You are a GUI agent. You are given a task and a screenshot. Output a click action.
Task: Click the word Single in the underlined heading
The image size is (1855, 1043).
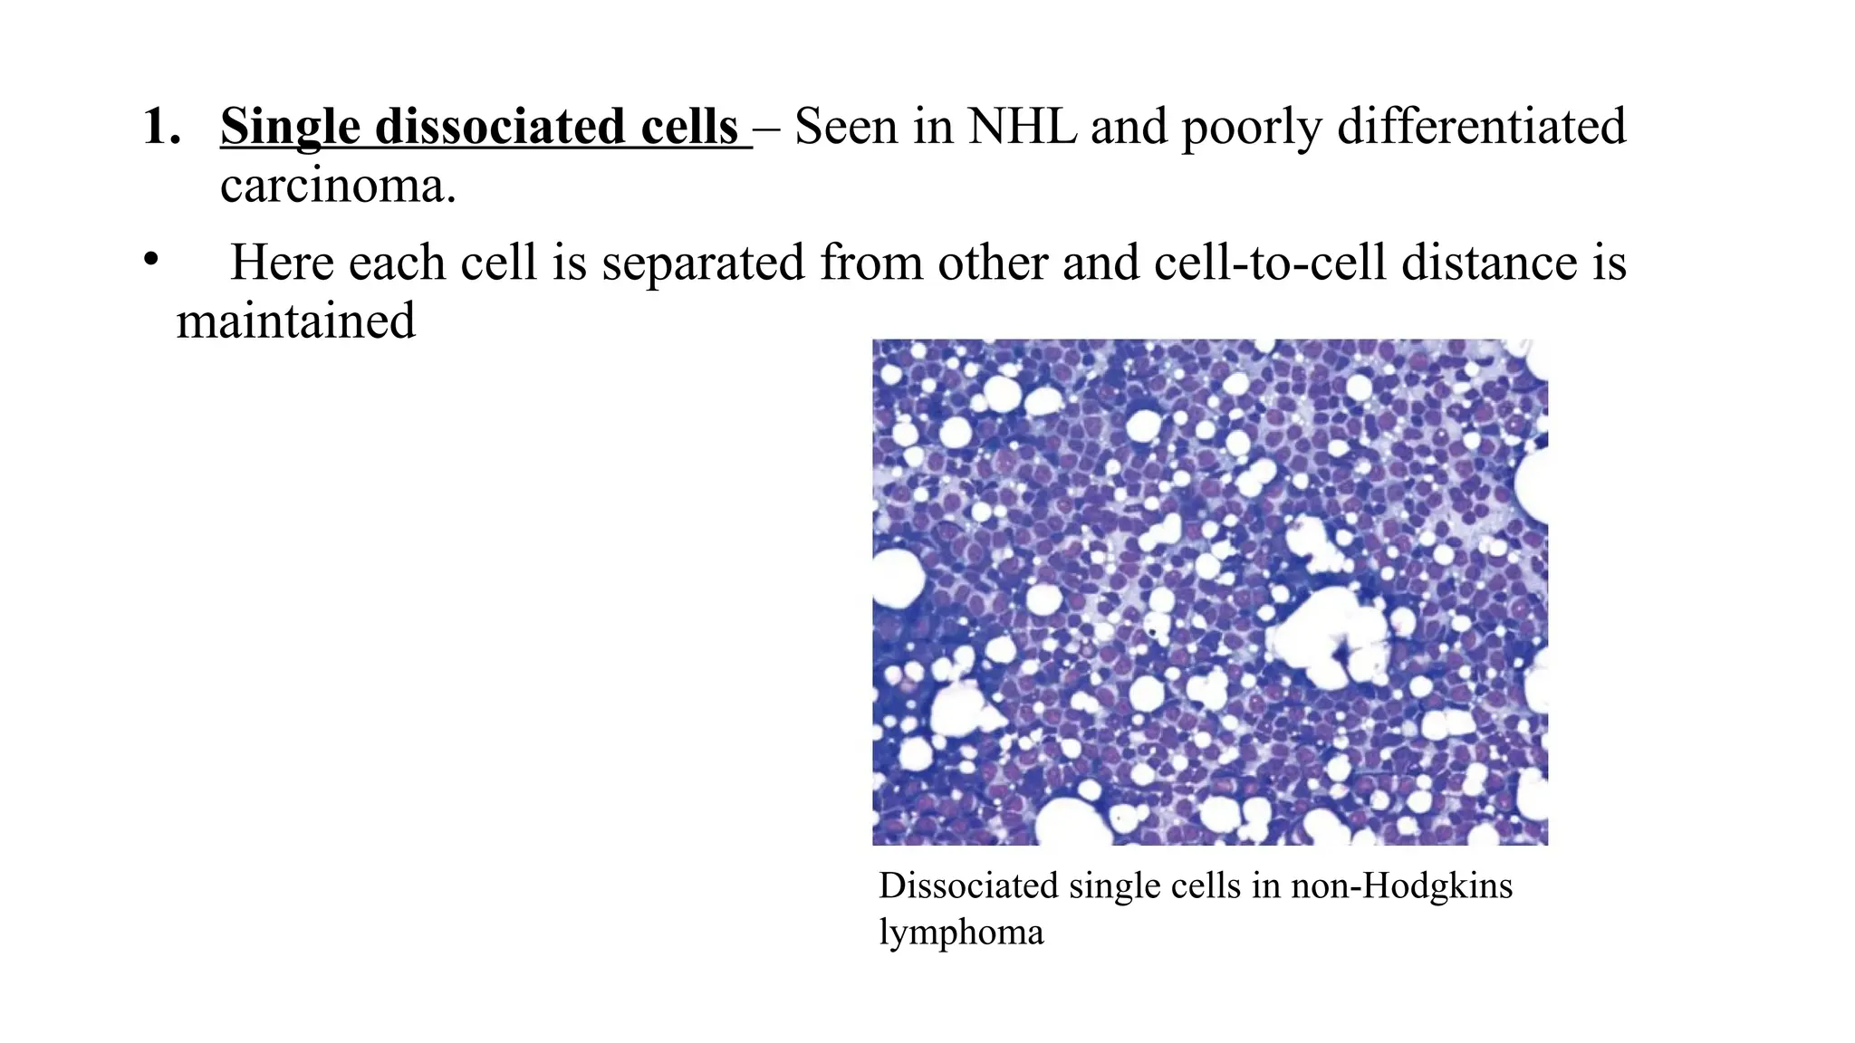coord(290,127)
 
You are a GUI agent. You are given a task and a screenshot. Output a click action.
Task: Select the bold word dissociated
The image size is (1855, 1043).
coord(499,127)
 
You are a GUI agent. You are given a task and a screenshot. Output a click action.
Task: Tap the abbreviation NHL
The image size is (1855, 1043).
coord(1022,127)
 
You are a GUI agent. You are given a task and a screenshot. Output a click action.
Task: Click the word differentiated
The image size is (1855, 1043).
coord(1481,127)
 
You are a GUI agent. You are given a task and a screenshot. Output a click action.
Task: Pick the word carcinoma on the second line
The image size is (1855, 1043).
coord(337,187)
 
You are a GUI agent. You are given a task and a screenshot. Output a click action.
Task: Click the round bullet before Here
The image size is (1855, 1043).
coord(150,261)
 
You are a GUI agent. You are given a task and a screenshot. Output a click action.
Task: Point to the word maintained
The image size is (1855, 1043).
coord(295,321)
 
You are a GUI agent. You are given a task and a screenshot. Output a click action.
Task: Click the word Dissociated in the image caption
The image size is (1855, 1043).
coord(968,885)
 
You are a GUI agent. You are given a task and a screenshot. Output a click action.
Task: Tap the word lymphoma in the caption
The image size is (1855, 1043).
coord(961,933)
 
